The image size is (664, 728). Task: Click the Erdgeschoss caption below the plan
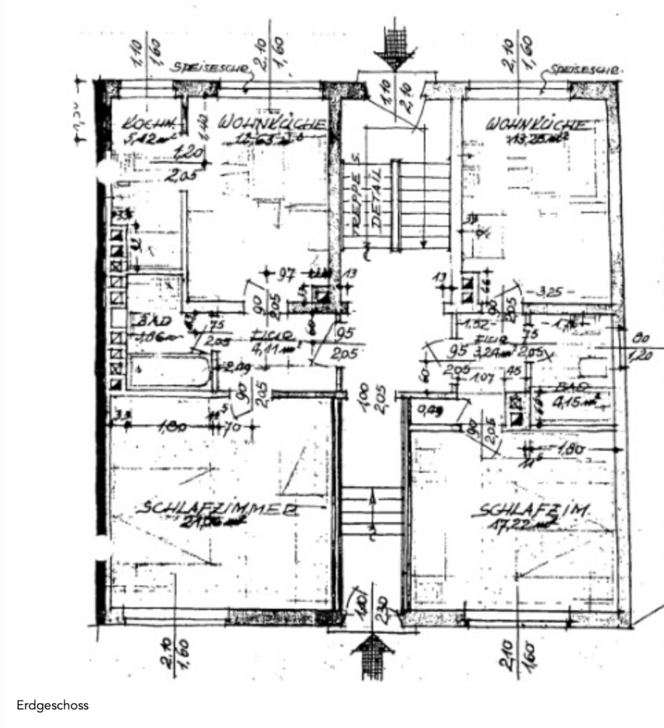tap(53, 705)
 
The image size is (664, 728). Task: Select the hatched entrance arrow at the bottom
tap(373, 655)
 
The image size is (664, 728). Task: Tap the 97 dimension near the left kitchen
tap(287, 273)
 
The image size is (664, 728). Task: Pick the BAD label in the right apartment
tap(571, 388)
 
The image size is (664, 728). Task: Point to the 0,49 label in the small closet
tap(431, 409)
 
